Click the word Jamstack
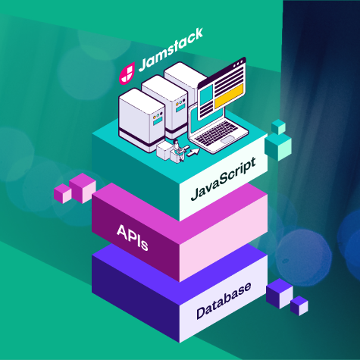click(x=171, y=50)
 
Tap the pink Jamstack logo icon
click(x=127, y=74)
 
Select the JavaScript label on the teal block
click(x=224, y=179)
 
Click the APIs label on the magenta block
click(x=133, y=237)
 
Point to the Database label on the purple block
click(x=224, y=300)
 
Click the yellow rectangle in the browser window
click(x=229, y=96)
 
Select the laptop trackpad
click(x=228, y=139)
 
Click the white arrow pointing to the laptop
click(x=193, y=152)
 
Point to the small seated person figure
click(x=178, y=150)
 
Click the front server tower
click(x=142, y=120)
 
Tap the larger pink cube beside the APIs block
click(x=83, y=188)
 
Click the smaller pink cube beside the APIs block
click(x=63, y=193)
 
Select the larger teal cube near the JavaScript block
click(x=278, y=147)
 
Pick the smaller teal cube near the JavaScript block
click(x=278, y=127)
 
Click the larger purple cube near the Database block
click(x=280, y=293)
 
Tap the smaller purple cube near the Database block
click(x=299, y=305)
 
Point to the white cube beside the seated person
click(x=164, y=150)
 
